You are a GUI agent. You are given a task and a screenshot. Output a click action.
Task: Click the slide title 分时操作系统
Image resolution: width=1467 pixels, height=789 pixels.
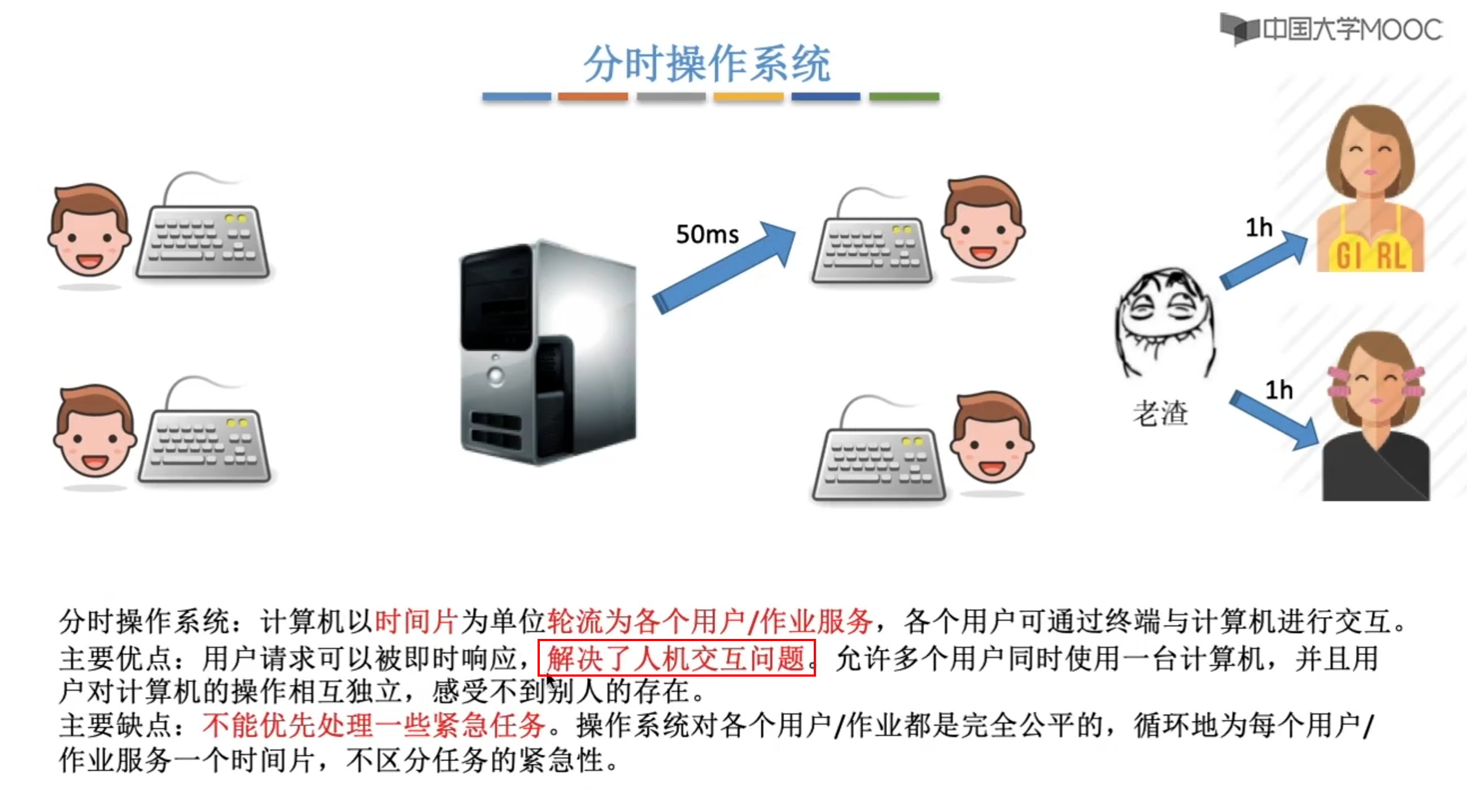707,64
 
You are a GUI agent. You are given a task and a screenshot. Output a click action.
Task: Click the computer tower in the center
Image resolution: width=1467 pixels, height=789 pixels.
547,353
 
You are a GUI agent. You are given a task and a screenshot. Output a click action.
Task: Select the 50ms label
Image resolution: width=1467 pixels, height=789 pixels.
707,235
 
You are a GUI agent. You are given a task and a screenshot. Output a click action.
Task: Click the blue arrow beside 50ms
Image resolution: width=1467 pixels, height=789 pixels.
723,268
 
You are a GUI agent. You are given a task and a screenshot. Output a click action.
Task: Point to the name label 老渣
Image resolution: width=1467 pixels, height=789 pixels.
1159,413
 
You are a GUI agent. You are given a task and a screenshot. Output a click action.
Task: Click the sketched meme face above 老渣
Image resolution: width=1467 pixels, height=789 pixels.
1164,322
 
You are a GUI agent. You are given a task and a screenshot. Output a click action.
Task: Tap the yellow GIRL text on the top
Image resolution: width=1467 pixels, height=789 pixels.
1372,255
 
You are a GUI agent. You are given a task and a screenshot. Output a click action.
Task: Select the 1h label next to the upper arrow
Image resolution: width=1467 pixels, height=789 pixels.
1259,227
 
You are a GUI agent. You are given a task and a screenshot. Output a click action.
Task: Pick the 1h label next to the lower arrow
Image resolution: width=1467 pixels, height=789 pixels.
1278,391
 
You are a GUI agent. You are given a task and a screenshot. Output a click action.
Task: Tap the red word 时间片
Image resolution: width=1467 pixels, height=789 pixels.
416,621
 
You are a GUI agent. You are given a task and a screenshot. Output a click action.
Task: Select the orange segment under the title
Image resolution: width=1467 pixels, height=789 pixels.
592,97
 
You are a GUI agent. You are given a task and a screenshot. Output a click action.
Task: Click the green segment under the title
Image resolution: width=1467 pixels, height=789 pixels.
904,97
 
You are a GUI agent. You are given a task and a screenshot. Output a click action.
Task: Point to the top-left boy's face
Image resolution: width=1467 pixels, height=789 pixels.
89,231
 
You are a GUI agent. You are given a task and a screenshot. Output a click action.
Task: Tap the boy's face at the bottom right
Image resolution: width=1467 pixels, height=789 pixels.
993,439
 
